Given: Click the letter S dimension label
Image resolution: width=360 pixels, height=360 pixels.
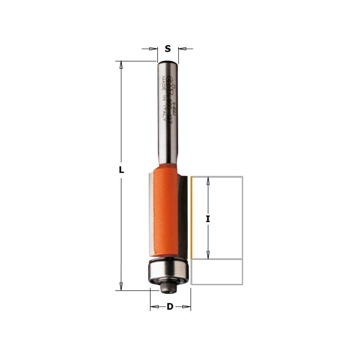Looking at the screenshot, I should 168,48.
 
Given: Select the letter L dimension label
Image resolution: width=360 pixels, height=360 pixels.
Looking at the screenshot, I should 121,170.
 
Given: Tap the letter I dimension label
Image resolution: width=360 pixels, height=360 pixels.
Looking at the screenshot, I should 208,220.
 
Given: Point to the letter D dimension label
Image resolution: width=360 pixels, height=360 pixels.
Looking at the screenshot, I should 170,307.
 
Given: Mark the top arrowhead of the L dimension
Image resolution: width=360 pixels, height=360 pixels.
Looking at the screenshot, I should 121,65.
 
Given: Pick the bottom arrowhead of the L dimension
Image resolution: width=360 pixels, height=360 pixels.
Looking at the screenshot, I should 121,287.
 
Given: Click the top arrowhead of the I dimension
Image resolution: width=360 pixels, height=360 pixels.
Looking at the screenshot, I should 208,180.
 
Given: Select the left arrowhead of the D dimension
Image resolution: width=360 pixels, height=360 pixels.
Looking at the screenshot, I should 154,307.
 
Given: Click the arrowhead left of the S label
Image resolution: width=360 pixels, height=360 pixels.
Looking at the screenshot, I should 154,48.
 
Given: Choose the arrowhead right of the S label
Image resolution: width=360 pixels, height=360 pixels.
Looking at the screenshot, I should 181,48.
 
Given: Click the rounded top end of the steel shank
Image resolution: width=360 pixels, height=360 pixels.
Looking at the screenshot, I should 167,63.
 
